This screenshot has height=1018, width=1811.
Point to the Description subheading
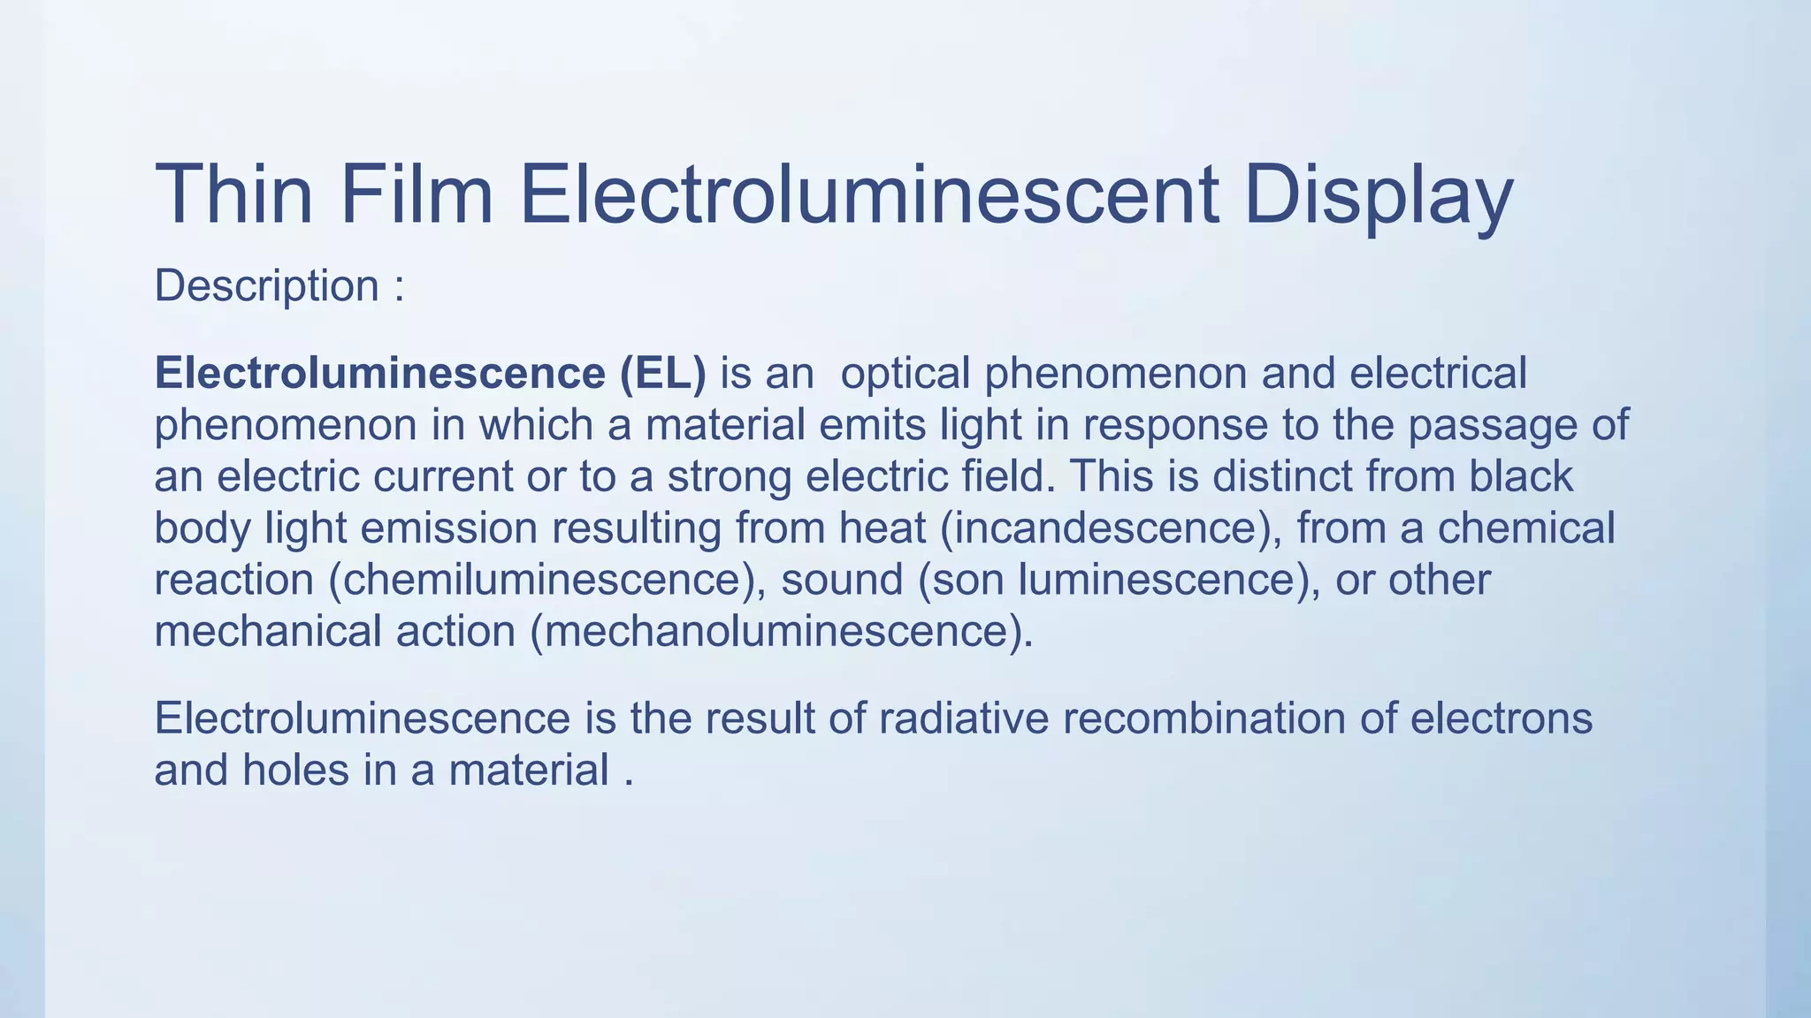pos(266,286)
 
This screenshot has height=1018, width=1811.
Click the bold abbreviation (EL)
pos(662,373)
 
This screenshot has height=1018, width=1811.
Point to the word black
pos(1521,476)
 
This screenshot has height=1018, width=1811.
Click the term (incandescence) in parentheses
pos(1111,528)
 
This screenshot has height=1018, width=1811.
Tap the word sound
pos(842,581)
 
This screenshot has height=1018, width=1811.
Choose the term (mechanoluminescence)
pos(782,632)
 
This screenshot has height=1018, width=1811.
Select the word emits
pos(872,425)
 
